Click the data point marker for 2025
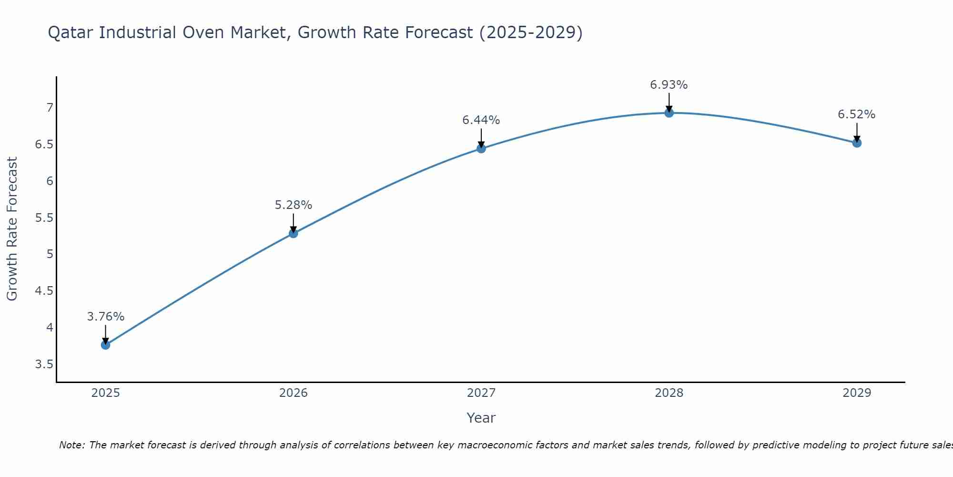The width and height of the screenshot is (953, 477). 106,345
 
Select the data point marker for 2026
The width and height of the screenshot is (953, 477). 294,233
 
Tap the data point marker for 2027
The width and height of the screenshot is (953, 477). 481,148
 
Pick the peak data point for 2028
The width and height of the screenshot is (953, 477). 669,113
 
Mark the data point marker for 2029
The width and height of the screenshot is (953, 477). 857,143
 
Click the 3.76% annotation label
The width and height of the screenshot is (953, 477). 106,317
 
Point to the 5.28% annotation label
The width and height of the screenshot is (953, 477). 294,205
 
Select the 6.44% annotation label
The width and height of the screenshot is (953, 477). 481,120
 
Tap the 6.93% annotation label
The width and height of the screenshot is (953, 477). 669,85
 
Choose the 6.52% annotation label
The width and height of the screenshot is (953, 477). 857,114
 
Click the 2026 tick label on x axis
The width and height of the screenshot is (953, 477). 294,393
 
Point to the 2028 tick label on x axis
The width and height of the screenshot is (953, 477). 669,393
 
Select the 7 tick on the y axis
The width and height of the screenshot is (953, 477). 50,108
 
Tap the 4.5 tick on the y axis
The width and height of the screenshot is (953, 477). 44,291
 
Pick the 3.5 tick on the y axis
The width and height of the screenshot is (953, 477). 44,364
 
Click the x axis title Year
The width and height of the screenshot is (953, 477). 481,418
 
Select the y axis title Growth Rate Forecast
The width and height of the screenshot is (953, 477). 12,229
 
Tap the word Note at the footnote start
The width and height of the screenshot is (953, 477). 71,445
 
